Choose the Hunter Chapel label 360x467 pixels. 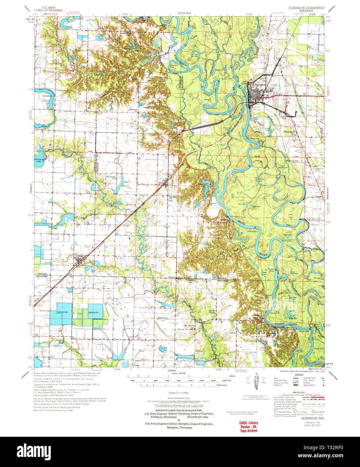(x=211, y=311)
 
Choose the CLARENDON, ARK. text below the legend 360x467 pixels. (x=310, y=418)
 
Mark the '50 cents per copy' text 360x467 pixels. (x=197, y=417)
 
